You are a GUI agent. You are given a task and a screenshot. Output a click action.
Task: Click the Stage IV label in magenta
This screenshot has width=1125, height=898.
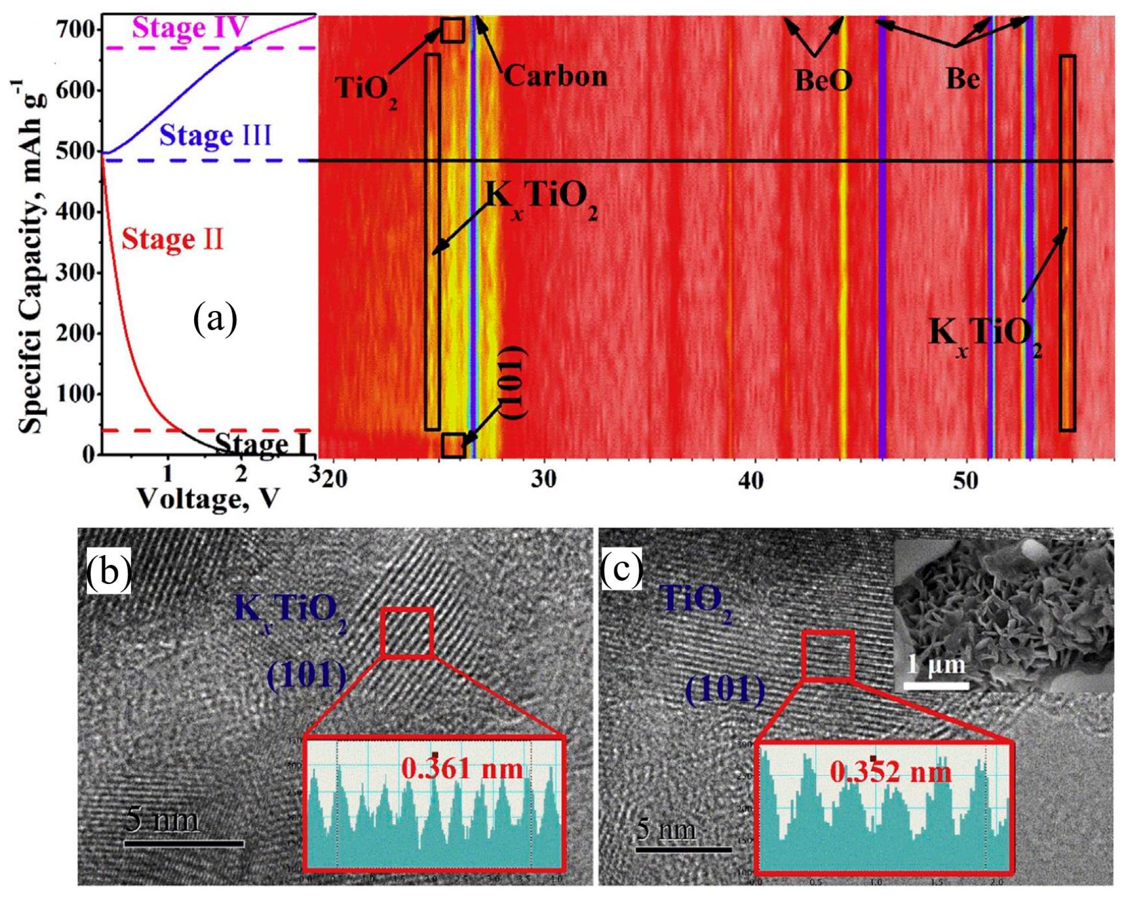tap(189, 28)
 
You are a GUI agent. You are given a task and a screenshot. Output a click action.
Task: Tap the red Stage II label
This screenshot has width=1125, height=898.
tap(172, 241)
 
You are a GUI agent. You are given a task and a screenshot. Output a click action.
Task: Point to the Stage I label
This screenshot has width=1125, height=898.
tap(259, 444)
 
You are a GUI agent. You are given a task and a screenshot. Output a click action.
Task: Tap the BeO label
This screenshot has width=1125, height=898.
tap(823, 81)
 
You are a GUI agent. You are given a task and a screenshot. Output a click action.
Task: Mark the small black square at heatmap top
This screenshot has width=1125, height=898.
tap(452, 30)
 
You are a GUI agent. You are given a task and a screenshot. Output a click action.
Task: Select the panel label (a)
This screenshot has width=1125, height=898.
tap(214, 320)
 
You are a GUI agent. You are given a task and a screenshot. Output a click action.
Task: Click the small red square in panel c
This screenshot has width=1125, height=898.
tap(828, 655)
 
